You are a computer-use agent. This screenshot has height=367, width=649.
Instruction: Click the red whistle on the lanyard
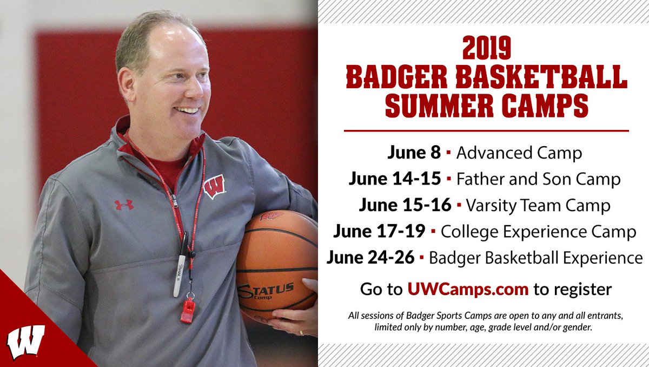click(188, 309)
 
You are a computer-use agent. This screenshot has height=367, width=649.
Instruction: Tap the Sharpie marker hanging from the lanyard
click(181, 265)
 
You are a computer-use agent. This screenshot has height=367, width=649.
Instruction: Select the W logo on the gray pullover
click(214, 187)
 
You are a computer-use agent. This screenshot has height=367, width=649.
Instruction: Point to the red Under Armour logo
click(124, 205)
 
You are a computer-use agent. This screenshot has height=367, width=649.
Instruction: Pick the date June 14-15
click(395, 179)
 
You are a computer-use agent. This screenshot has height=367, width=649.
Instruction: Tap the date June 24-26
click(371, 258)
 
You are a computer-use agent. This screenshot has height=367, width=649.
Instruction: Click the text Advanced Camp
click(519, 153)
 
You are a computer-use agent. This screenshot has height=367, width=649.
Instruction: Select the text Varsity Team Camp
click(538, 206)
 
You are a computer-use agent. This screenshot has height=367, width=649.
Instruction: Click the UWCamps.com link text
click(468, 289)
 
